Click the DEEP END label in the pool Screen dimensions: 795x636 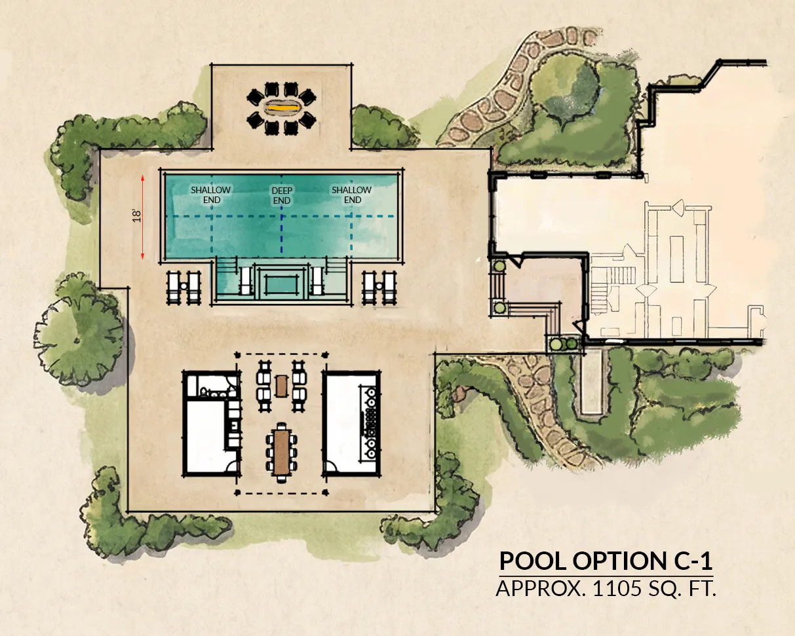click(x=282, y=195)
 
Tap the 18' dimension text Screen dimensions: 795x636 click(x=137, y=216)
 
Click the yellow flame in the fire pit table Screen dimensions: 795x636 click(x=283, y=108)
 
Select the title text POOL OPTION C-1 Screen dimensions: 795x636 click(x=606, y=561)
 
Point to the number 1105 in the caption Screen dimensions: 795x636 click(x=617, y=588)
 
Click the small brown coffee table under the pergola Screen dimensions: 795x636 click(x=281, y=386)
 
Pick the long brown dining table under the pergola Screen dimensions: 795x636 click(x=282, y=453)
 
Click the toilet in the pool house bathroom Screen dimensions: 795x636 click(x=204, y=391)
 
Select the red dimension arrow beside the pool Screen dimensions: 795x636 click(x=143, y=217)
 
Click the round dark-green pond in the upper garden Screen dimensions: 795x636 click(x=565, y=89)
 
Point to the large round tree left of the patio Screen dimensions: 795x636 click(x=79, y=331)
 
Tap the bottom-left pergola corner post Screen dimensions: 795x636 click(x=237, y=493)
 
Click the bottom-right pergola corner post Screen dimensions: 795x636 click(x=326, y=492)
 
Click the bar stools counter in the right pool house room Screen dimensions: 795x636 click(x=369, y=423)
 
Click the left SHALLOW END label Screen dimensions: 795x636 click(x=211, y=195)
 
